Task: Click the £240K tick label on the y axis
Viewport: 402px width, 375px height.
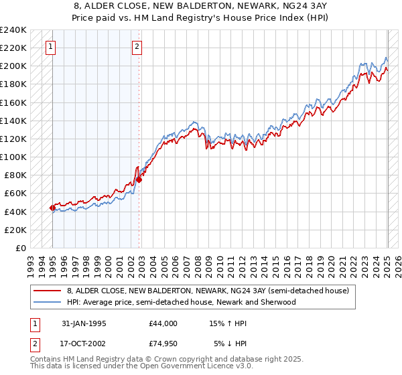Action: click(13, 30)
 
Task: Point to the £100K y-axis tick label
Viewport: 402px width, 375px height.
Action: click(13, 157)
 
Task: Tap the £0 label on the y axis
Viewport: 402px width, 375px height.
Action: click(21, 248)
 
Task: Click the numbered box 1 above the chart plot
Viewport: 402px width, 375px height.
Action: click(52, 47)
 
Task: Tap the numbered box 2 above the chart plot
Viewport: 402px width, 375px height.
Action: click(137, 47)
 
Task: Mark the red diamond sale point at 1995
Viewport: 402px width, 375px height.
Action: click(52, 208)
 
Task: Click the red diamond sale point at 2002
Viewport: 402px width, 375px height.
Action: click(139, 179)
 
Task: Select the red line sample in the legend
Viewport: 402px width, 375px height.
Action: click(47, 291)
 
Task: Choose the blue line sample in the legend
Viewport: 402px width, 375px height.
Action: click(47, 302)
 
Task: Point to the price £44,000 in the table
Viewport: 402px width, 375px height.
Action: click(163, 323)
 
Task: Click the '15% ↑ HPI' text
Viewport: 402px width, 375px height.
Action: click(228, 323)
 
